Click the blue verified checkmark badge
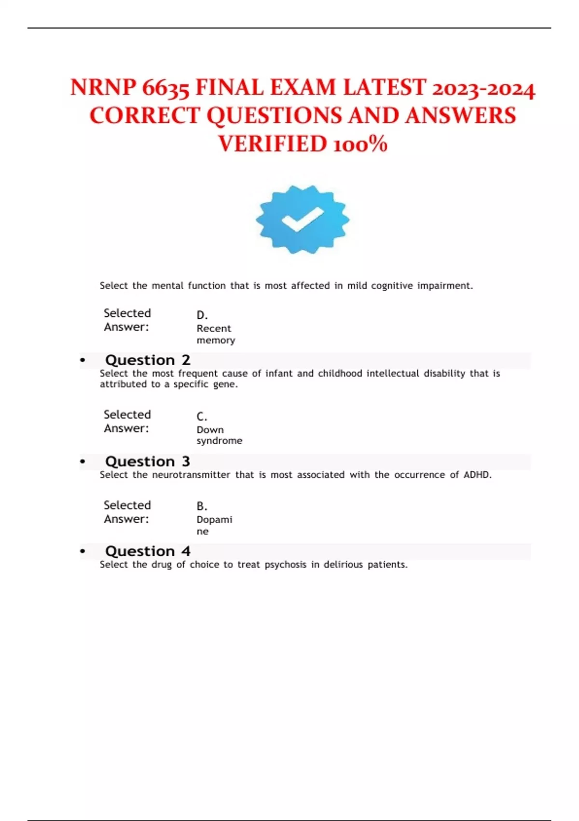pos(303,219)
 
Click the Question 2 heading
pos(148,360)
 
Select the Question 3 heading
pos(148,462)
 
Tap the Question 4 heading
pos(148,552)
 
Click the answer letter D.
pos(202,315)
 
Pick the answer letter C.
pos(202,417)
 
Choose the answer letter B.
pos(202,507)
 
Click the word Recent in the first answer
pos(214,328)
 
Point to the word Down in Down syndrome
pos(210,430)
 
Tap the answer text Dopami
pos(214,520)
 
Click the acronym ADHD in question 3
pos(477,475)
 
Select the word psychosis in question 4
pos(285,565)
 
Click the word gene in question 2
pos(224,384)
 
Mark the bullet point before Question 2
pos(83,360)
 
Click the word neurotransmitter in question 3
pos(191,475)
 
